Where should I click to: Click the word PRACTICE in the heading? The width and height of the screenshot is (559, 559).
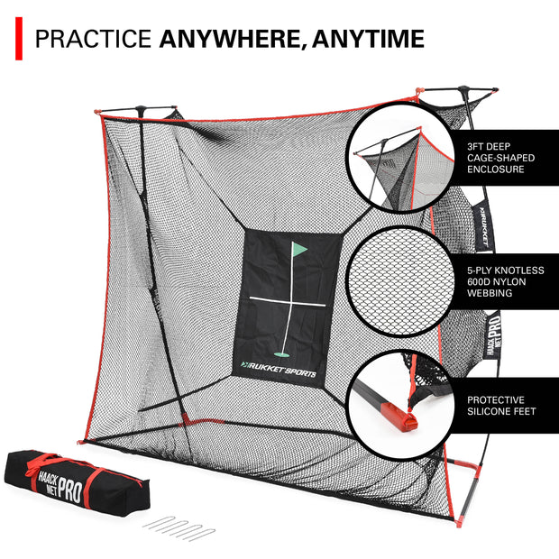94,38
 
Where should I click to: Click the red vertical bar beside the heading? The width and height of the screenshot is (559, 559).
18,38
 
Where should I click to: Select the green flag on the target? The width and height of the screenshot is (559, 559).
298,249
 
